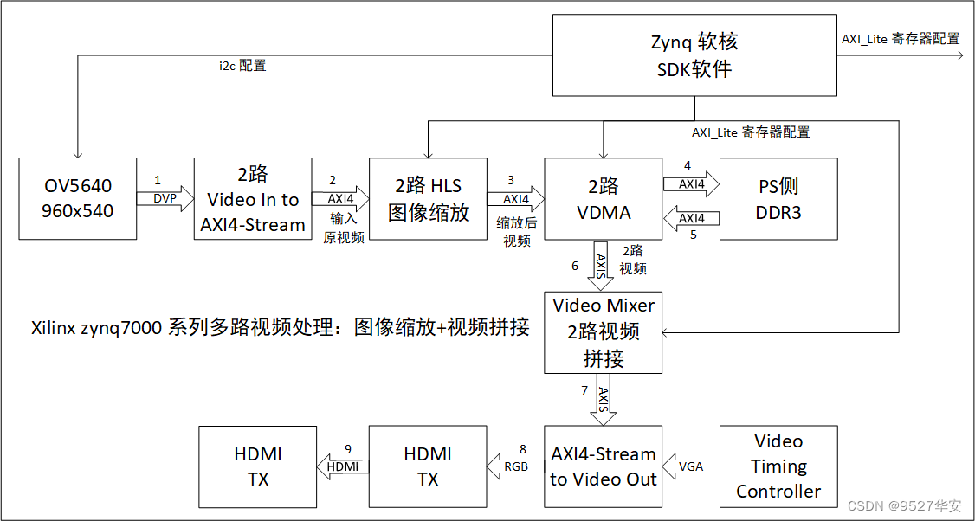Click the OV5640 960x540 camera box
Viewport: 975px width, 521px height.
(78, 198)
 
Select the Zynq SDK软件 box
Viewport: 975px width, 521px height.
(694, 55)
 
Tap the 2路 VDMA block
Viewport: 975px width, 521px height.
(603, 198)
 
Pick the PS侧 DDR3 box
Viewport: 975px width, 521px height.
(778, 198)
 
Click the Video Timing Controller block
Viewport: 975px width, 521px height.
(778, 466)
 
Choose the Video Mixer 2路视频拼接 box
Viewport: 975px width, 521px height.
(603, 331)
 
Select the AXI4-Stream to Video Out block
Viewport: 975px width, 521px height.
(603, 466)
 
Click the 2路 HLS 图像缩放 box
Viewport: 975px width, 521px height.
(428, 198)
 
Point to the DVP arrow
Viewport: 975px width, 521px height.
(165, 199)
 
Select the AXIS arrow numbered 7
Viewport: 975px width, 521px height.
(604, 399)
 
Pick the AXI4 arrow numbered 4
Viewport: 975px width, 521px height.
(691, 183)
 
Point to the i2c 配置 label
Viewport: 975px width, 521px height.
(242, 66)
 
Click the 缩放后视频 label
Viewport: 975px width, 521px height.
(517, 232)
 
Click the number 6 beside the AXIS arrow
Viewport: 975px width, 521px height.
(575, 266)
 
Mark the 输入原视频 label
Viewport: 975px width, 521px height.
(343, 228)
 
